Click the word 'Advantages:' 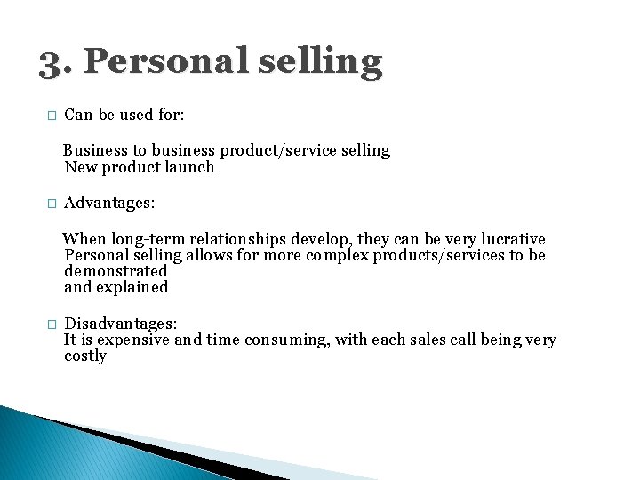click(x=109, y=204)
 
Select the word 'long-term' click(x=149, y=239)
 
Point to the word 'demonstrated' click(x=116, y=271)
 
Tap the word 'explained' click(x=134, y=287)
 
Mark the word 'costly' click(x=85, y=356)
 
